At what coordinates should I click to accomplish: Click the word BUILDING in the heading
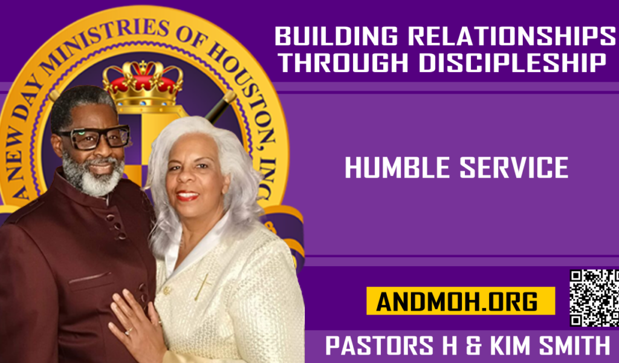[336, 36]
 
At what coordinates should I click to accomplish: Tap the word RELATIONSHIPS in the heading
[511, 36]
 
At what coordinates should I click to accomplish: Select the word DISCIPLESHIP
[512, 63]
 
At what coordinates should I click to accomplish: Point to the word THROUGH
[345, 63]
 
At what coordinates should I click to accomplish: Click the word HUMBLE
[397, 168]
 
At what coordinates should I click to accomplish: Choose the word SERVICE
[514, 168]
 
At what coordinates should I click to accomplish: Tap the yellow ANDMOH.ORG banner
[461, 301]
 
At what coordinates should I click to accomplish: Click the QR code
[594, 298]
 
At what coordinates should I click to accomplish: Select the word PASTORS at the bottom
[380, 345]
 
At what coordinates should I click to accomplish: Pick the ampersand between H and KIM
[474, 345]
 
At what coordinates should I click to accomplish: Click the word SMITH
[575, 345]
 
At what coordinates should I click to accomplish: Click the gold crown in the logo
[143, 83]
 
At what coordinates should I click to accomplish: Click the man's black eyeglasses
[95, 137]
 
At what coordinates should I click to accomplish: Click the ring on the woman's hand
[129, 331]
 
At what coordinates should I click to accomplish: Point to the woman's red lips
[187, 195]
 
